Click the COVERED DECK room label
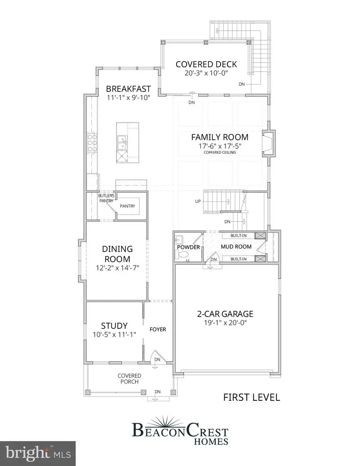coord(206,64)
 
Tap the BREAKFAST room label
coord(128,89)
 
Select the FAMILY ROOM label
coord(220,137)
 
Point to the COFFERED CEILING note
coord(220,152)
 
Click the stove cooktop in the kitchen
coord(92,143)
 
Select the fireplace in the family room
coord(268,143)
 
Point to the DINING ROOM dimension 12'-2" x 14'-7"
coord(117,268)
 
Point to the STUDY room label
coord(114,326)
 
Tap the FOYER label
coord(158,329)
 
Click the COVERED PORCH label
coord(129,379)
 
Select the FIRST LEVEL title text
coord(251,397)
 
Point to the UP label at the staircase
coord(198,202)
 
